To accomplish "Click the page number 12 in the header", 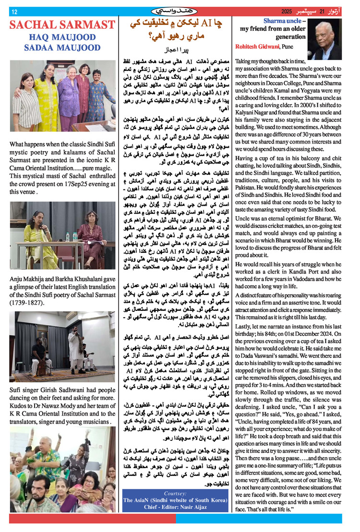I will click(x=14, y=12).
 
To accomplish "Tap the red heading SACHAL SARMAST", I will click(x=62, y=25).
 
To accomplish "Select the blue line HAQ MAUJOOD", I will click(x=62, y=37).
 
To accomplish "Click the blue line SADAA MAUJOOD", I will click(x=62, y=48).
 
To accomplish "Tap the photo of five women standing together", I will click(x=62, y=96).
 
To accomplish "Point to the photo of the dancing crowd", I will click(x=62, y=469).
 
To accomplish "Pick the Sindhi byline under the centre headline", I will click(x=176, y=50).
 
